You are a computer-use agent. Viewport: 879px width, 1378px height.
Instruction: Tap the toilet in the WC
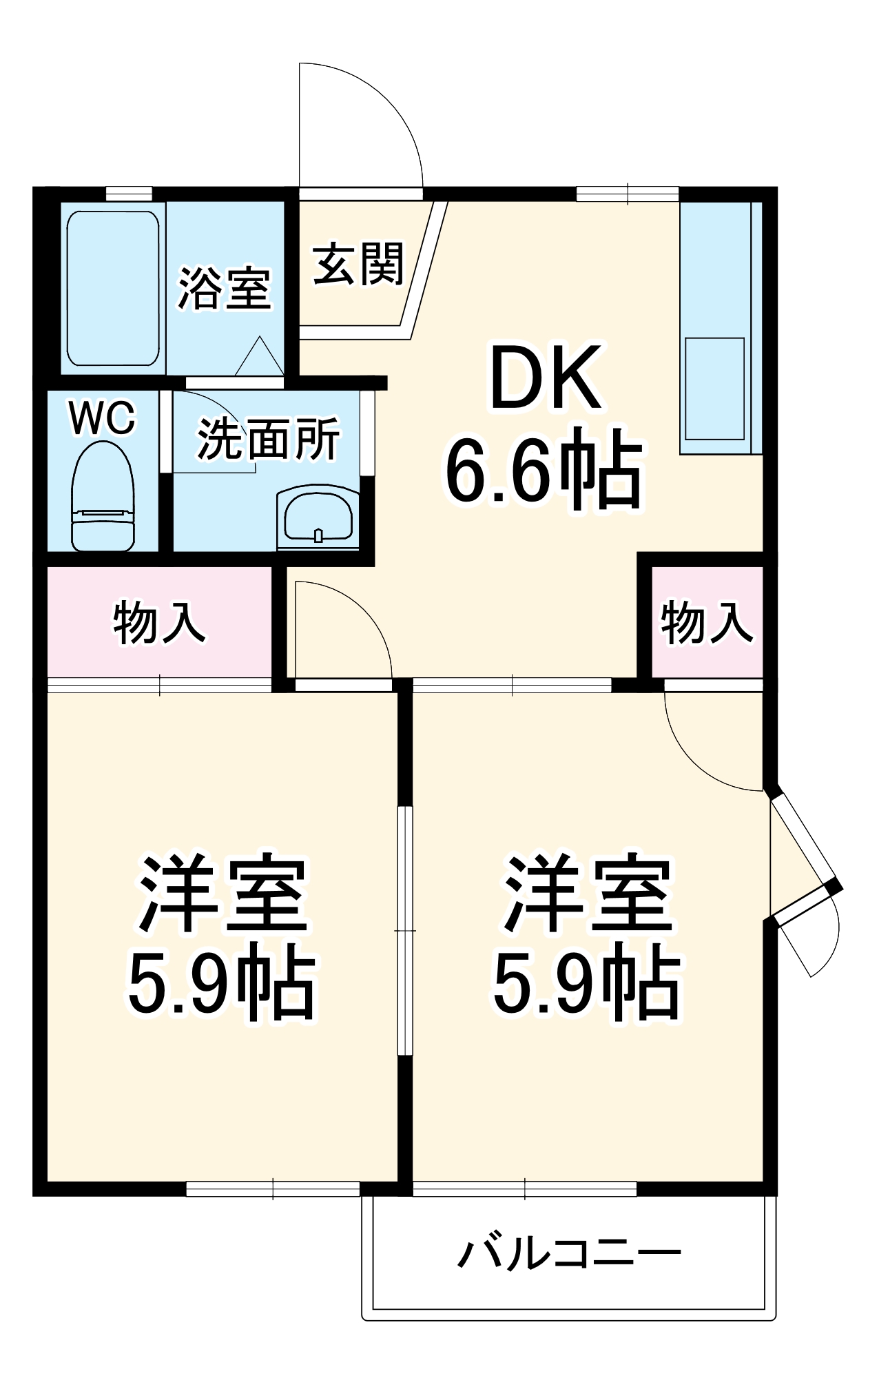103,496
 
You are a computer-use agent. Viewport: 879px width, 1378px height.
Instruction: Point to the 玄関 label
358,263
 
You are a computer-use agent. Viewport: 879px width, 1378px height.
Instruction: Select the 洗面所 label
269,439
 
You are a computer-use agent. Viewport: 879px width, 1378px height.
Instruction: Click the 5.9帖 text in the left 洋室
220,989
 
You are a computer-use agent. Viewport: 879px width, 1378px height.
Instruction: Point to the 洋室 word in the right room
587,894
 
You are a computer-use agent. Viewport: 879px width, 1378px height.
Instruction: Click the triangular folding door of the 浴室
260,357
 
